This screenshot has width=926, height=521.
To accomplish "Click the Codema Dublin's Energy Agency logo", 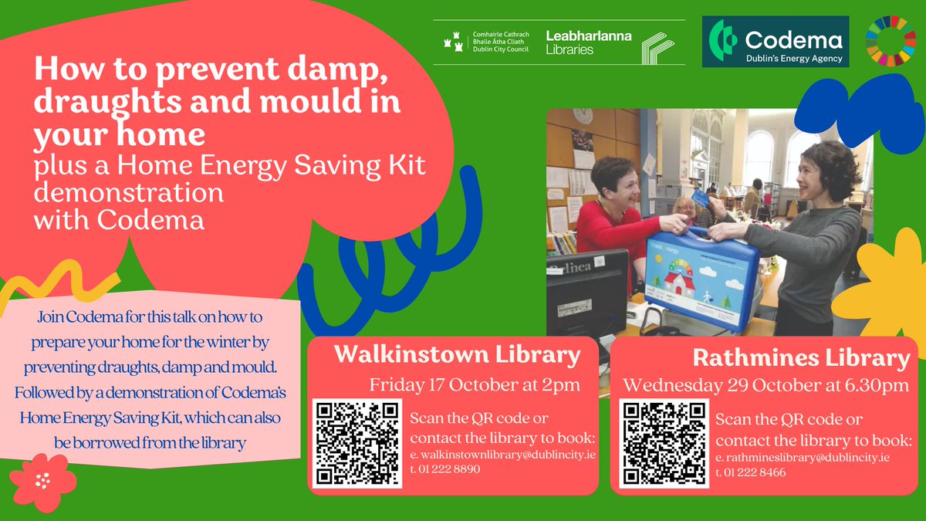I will point(775,42).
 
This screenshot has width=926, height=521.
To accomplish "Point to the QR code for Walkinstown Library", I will point(357,441).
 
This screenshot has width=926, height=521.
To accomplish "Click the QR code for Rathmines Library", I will point(664,443).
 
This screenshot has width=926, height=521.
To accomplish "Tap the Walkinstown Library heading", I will point(457,355).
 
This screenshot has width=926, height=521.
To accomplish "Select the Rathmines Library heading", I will point(801,359).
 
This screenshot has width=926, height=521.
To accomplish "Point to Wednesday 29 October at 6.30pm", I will point(765,384).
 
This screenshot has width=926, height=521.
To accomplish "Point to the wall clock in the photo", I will point(583,117).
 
